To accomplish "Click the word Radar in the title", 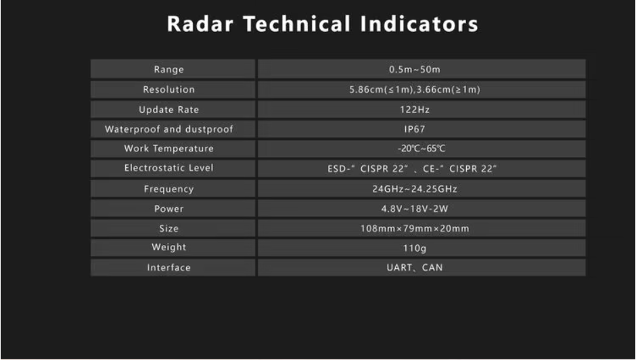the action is [200, 24].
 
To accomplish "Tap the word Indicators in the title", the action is [419, 24].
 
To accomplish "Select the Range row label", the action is [168, 70].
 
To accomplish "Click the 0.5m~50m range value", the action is [415, 70].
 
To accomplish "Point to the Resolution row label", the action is [168, 89].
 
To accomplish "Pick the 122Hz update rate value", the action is [415, 110].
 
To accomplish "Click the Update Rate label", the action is [168, 110].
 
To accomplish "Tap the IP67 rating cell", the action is [415, 129].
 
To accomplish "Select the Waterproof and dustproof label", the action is [168, 129].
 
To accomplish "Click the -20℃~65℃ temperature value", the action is [422, 149].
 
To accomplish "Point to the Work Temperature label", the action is [168, 149].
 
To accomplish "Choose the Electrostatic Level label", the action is [168, 168].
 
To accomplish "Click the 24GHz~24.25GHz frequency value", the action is [415, 189].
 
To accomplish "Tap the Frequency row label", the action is [168, 189].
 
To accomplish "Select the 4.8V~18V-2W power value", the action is [415, 208].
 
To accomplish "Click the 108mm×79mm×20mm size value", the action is [415, 229].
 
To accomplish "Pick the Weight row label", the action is [168, 248].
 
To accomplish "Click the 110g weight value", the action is [415, 248].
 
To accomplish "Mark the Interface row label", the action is [168, 267].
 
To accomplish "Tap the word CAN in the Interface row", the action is [432, 267].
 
